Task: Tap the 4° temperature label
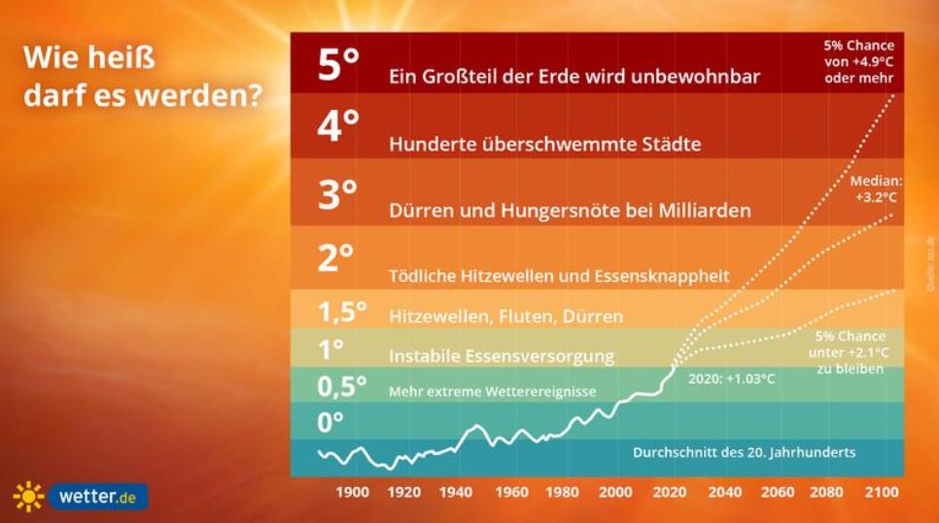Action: point(338,126)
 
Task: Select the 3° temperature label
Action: point(338,195)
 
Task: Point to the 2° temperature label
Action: point(336,259)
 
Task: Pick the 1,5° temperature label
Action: point(342,313)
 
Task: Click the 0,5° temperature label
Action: point(342,387)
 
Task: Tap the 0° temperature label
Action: point(331,424)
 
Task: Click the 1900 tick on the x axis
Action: point(352,492)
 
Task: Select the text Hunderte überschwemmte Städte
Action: point(544,145)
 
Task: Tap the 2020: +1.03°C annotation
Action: point(731,379)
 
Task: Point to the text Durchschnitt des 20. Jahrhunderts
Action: point(745,453)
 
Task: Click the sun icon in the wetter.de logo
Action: point(29,497)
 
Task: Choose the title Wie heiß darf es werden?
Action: point(143,79)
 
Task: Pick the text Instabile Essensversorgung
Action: point(502,356)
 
